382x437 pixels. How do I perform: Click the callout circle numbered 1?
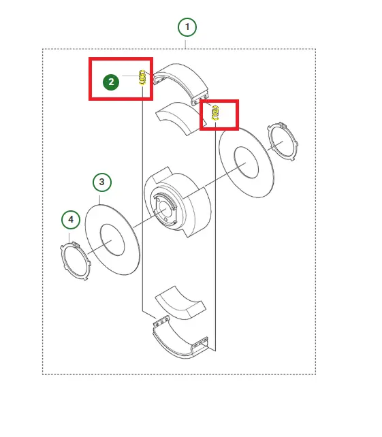[x=187, y=27]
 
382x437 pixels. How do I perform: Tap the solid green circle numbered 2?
[x=111, y=82]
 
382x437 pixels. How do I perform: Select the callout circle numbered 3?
[x=102, y=182]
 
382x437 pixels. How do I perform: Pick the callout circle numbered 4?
[x=71, y=220]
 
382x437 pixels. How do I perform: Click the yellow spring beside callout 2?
[x=142, y=78]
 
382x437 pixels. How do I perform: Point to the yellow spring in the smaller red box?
[x=215, y=112]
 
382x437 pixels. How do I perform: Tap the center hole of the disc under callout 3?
[x=112, y=240]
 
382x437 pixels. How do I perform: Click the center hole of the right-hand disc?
[x=246, y=163]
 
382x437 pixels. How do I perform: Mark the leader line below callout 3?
[x=100, y=200]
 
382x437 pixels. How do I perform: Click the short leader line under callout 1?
[x=185, y=44]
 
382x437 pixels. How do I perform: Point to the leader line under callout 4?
[x=69, y=238]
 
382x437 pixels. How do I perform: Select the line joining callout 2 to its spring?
[x=131, y=76]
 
